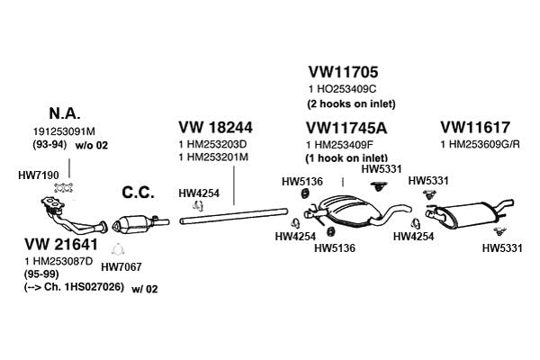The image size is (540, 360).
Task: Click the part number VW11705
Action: click(343, 72)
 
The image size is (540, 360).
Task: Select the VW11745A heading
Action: click(346, 129)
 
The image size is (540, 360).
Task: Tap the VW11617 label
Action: click(475, 128)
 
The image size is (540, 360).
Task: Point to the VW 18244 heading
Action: click(216, 127)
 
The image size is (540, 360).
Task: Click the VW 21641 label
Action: click(61, 244)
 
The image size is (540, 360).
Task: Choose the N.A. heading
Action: click(65, 113)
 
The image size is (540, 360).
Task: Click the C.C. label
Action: click(138, 193)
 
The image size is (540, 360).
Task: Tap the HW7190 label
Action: click(39, 175)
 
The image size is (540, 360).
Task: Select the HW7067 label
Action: click(121, 266)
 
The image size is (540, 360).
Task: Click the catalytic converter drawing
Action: click(139, 223)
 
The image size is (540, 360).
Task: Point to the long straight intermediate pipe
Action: click(233, 216)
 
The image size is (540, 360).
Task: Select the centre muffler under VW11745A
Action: click(351, 211)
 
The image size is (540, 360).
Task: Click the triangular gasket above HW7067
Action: click(117, 250)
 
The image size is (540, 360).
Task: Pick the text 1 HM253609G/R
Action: click(480, 144)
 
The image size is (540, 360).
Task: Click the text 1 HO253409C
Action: click(342, 89)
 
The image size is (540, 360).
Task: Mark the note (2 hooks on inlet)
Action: click(351, 103)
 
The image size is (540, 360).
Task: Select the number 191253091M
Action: click(64, 131)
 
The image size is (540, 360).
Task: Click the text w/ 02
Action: click(145, 289)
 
